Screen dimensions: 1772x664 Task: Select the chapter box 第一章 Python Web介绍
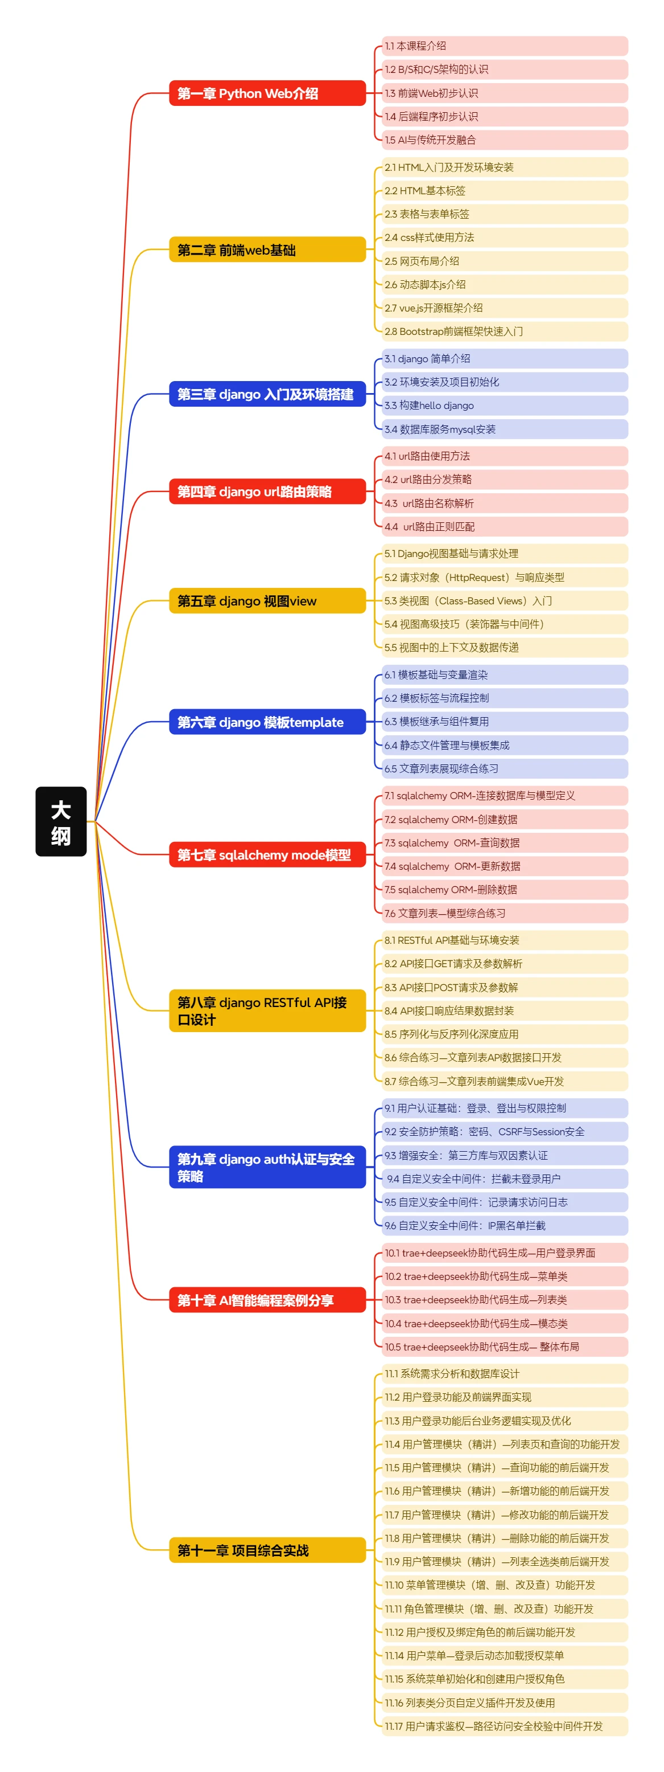pyautogui.click(x=267, y=93)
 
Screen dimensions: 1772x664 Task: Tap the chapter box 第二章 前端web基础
pyautogui.click(x=267, y=249)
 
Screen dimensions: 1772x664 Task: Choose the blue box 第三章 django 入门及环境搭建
pyautogui.click(x=267, y=394)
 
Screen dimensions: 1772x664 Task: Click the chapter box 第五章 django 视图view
pyautogui.click(x=267, y=600)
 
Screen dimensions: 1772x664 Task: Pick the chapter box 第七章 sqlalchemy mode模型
pyautogui.click(x=267, y=854)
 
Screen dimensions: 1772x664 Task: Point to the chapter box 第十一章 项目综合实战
pyautogui.click(x=267, y=1550)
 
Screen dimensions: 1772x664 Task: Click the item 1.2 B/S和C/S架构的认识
pyautogui.click(x=505, y=69)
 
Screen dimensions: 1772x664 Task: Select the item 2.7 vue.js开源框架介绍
pyautogui.click(x=505, y=308)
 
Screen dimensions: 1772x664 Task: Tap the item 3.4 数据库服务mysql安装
pyautogui.click(x=505, y=429)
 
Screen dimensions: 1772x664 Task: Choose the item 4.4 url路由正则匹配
pyautogui.click(x=505, y=526)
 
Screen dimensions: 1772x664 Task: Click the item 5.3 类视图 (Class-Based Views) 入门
pyautogui.click(x=505, y=600)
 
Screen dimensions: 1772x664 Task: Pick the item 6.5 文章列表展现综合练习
pyautogui.click(x=505, y=768)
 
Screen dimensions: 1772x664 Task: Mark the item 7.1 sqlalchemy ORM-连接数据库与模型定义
pyautogui.click(x=505, y=796)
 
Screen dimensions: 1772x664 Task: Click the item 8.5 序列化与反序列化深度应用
pyautogui.click(x=505, y=1034)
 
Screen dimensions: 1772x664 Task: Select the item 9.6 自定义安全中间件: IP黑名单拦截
pyautogui.click(x=505, y=1225)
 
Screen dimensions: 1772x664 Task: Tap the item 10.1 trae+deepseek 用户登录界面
pyautogui.click(x=505, y=1253)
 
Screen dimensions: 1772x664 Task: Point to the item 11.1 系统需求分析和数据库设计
pyautogui.click(x=505, y=1374)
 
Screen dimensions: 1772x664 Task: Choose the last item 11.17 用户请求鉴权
pyautogui.click(x=505, y=1726)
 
